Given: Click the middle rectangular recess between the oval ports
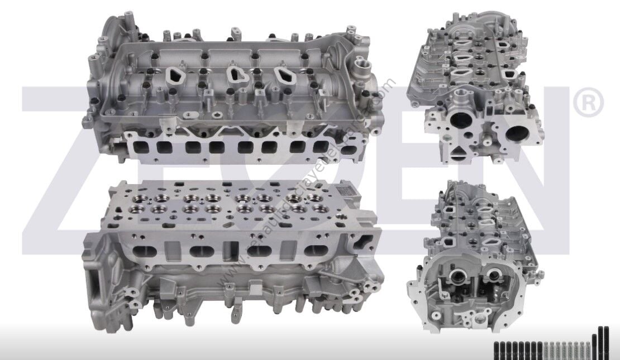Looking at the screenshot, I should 228,251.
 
